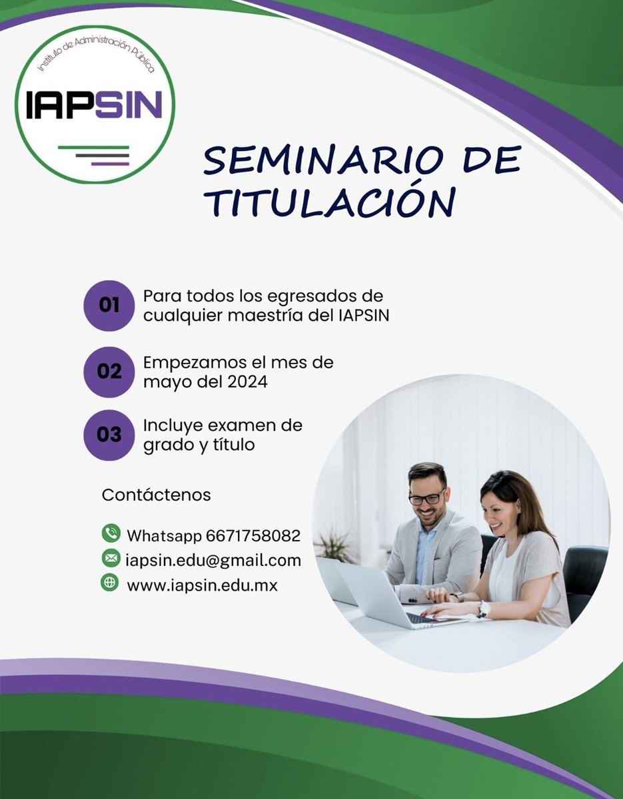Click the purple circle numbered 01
point(109,306)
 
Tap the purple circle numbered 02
point(109,371)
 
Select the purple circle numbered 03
point(109,434)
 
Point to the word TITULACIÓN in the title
point(330,202)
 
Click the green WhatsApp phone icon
point(110,533)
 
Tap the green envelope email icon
point(110,558)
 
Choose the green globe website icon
point(110,583)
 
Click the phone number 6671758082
point(253,535)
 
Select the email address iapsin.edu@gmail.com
point(213,560)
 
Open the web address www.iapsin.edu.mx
point(202,585)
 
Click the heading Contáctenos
point(156,495)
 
